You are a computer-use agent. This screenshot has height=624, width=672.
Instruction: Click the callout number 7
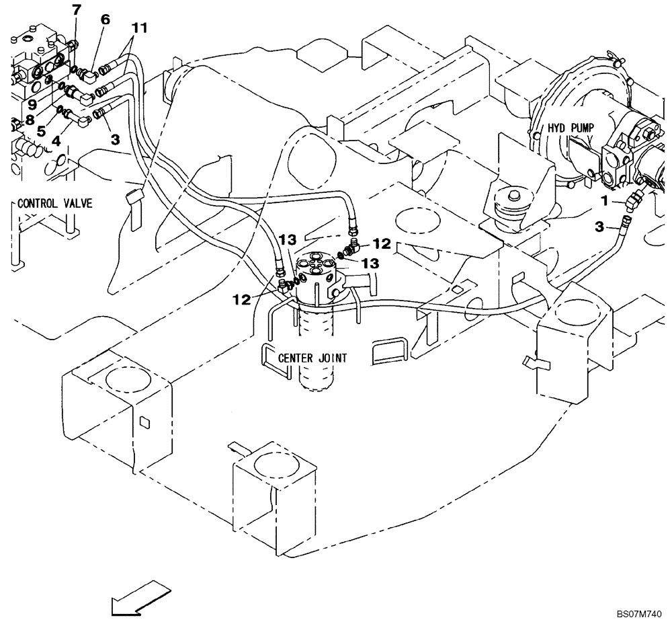click(76, 9)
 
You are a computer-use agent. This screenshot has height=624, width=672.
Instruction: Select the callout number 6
click(106, 19)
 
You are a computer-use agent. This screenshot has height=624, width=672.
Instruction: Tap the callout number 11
click(139, 28)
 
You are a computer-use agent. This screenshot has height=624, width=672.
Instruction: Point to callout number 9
click(32, 105)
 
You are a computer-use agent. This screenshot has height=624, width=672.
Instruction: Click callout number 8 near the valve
click(29, 120)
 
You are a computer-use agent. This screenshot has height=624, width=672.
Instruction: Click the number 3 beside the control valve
click(115, 139)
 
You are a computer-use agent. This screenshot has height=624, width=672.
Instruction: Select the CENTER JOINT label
click(312, 358)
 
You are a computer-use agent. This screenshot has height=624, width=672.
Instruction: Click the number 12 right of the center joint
click(382, 243)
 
